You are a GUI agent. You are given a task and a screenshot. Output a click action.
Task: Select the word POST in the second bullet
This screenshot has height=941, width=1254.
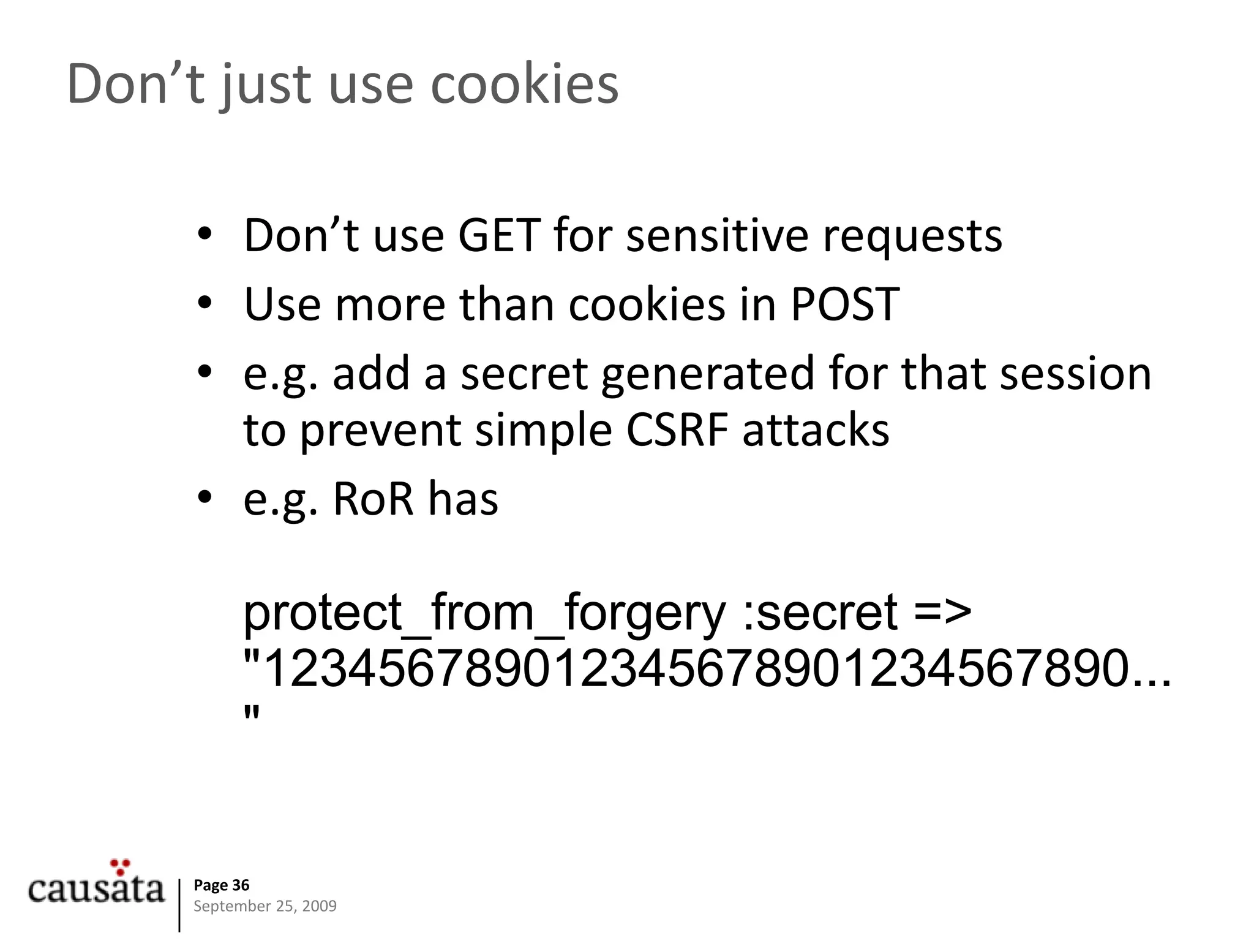pos(844,304)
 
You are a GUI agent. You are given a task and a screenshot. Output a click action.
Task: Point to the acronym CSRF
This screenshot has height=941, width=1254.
pos(677,429)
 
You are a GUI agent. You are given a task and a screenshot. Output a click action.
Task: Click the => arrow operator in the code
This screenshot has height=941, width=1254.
pos(942,613)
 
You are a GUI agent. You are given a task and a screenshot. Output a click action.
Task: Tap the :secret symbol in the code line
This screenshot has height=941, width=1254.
pos(820,613)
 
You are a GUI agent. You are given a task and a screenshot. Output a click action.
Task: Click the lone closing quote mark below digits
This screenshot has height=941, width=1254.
pos(252,714)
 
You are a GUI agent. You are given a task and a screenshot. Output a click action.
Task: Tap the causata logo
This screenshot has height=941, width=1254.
pos(96,888)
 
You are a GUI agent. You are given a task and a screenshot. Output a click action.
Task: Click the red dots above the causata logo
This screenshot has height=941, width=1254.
pos(121,866)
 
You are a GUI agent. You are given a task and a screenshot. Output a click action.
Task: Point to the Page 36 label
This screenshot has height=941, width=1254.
pos(221,885)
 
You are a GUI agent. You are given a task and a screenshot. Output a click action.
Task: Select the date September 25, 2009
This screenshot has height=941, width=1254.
pos(265,906)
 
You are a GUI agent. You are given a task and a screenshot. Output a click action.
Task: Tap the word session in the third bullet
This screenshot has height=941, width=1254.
pos(1075,374)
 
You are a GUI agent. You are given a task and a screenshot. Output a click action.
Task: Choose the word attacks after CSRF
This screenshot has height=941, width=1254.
pos(815,429)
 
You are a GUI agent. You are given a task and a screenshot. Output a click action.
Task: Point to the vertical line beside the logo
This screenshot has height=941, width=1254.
pos(180,905)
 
